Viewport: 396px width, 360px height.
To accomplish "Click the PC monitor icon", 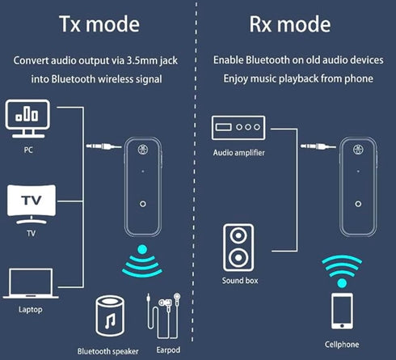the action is (x=27, y=119).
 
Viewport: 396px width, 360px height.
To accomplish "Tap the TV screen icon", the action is (x=32, y=205).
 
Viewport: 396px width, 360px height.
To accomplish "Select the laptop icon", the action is (x=31, y=283).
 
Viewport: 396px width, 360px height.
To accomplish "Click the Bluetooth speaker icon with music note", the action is (x=110, y=316).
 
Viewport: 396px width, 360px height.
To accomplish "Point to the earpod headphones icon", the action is (x=163, y=316).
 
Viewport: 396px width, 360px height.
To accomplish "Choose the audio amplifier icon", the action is (x=238, y=128).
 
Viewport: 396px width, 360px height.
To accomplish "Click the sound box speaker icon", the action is (x=238, y=248).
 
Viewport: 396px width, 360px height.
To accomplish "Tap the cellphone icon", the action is (x=342, y=311).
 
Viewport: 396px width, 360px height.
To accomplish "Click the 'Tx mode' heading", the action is (x=99, y=24).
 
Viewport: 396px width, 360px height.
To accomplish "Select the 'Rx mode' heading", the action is (x=290, y=24).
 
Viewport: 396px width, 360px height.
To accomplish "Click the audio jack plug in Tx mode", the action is (x=103, y=146).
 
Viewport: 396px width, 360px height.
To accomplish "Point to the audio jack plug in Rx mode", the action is (x=318, y=146).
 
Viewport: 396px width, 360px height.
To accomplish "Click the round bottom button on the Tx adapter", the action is (x=143, y=204).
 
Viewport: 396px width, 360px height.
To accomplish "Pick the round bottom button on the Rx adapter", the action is (x=358, y=204).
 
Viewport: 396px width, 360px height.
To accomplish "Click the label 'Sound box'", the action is (x=240, y=281).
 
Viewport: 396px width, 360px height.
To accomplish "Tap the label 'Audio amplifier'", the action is (x=239, y=153).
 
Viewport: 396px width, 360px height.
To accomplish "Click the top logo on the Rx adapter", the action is (x=358, y=150).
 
